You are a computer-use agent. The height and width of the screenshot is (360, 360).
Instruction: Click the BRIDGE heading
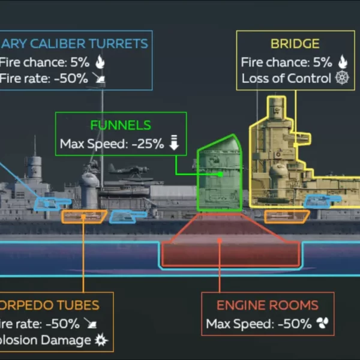295,44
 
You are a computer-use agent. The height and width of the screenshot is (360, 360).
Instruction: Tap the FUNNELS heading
121,125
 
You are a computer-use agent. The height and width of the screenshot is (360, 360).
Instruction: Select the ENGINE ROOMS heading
267,305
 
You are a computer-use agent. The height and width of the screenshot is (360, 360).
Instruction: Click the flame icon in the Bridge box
343,61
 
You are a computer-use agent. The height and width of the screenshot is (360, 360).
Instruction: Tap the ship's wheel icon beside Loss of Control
343,79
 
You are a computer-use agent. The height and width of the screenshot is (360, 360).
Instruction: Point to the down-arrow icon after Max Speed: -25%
175,143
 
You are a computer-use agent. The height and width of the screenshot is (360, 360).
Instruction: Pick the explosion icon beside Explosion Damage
100,341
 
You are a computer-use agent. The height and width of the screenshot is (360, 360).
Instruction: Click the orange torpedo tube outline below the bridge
286,216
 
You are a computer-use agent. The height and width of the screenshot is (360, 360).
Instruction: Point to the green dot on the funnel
221,175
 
